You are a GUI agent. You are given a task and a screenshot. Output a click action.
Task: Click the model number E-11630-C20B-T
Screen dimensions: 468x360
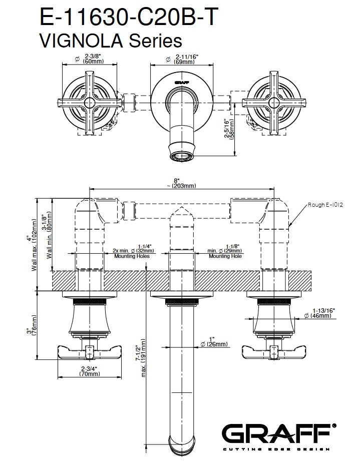[129, 18]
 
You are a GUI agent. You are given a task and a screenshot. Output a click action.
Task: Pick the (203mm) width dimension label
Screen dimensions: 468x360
[181, 186]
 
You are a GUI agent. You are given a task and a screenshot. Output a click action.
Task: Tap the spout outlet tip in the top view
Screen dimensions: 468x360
[181, 157]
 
